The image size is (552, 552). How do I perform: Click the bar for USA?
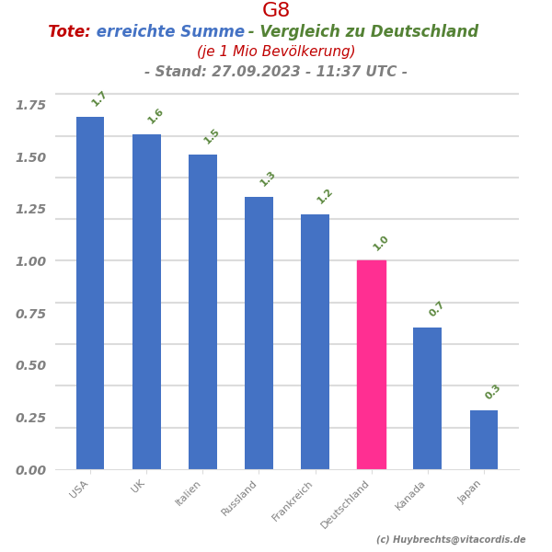pos(90,293)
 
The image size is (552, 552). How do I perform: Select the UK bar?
pos(146,302)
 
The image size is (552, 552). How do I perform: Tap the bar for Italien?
pos(202,312)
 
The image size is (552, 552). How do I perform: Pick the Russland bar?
pos(259,333)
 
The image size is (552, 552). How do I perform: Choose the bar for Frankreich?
pos(315,341)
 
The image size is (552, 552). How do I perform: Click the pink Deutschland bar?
pos(372,364)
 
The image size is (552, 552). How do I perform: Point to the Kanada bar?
pos(427,398)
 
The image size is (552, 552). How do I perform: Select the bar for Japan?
pos(484,440)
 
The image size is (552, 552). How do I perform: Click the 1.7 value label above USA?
pos(99,98)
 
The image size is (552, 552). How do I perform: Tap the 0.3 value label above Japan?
pos(493,392)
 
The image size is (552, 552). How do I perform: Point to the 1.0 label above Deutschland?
pos(381,243)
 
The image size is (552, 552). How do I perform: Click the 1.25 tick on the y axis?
pos(30,209)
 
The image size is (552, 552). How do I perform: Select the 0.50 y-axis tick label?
pos(30,365)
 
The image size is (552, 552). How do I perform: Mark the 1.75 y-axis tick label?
pos(30,105)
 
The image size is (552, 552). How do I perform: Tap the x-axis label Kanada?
pos(411,495)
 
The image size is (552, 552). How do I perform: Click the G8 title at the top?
pos(276,11)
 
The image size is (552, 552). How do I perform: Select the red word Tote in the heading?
pos(69,32)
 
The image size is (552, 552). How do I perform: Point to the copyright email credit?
pos(451,540)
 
